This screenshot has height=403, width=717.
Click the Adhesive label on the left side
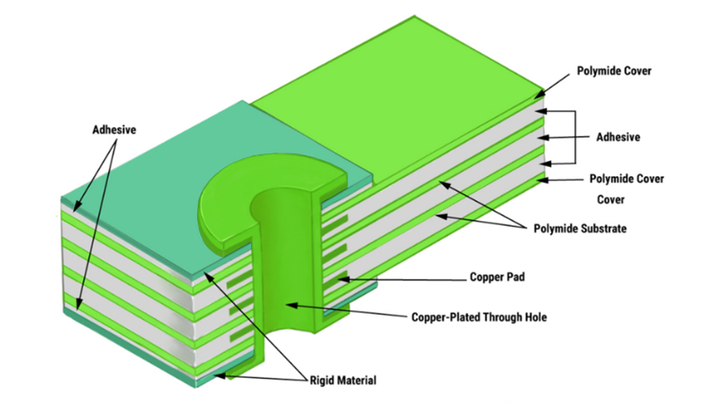click(114, 130)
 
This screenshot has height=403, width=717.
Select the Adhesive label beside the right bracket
click(617, 137)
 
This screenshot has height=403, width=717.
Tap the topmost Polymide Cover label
click(613, 72)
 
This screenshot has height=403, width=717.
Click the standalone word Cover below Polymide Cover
click(612, 200)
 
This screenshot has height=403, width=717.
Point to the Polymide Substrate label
click(579, 229)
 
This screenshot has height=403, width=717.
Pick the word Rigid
click(321, 380)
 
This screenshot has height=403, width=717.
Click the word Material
click(356, 380)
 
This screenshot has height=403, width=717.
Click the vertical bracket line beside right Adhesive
click(575, 137)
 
